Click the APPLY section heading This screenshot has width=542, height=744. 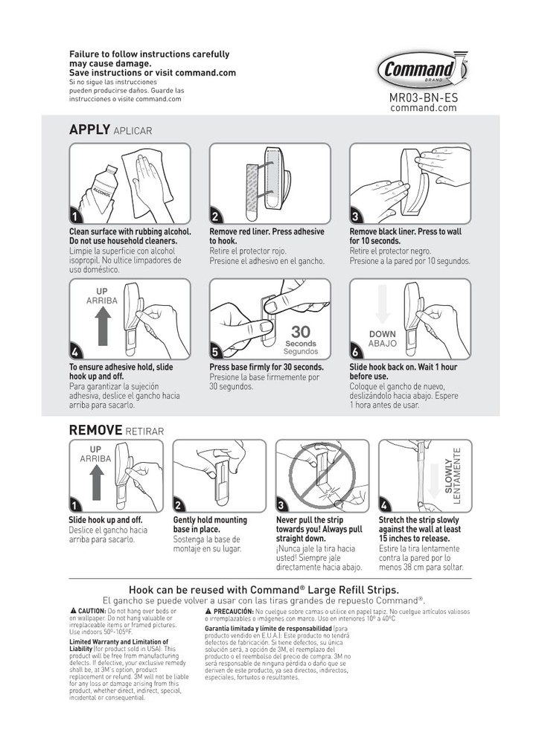click(x=89, y=129)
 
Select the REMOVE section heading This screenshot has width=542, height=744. click(x=95, y=430)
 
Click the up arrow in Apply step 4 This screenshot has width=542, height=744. click(x=103, y=321)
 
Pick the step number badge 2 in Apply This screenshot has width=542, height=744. click(x=215, y=217)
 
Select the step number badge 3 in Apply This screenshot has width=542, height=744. click(x=356, y=217)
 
